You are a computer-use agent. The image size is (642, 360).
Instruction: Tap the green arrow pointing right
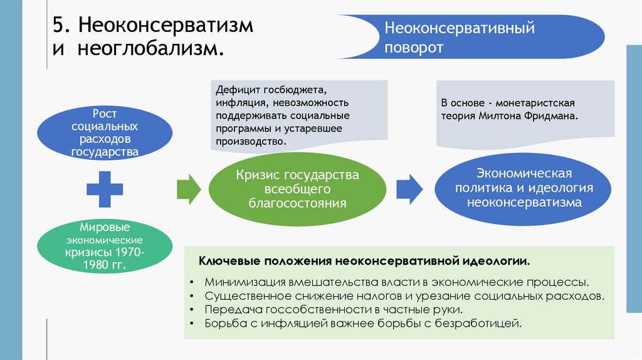click(x=189, y=186)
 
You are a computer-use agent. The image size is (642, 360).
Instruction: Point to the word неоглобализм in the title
click(x=151, y=50)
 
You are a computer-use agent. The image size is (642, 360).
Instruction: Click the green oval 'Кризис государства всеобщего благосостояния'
click(x=297, y=189)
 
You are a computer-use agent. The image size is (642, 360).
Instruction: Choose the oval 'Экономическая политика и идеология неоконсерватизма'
click(x=524, y=188)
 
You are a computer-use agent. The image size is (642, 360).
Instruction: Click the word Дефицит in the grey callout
click(x=237, y=90)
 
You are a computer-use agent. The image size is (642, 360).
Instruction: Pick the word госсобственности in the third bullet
click(x=298, y=310)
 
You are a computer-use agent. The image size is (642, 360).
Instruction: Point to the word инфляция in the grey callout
click(x=238, y=103)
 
